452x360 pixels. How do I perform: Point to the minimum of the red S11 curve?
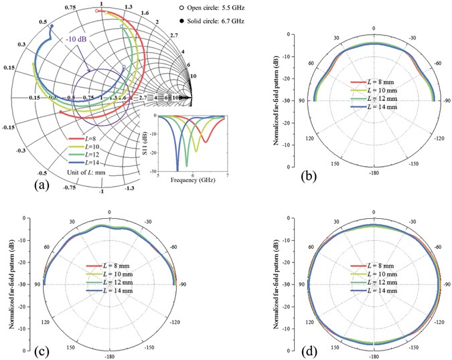(x=205, y=142)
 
